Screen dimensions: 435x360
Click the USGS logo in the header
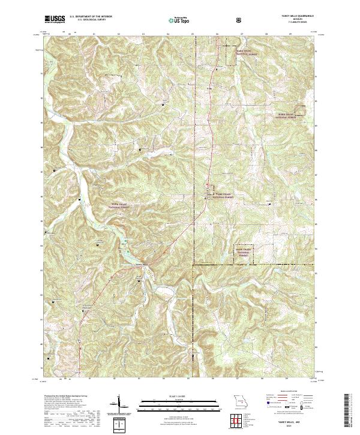tap(55, 19)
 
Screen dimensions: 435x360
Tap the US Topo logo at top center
tap(179, 19)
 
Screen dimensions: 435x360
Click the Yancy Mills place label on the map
tap(140, 265)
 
